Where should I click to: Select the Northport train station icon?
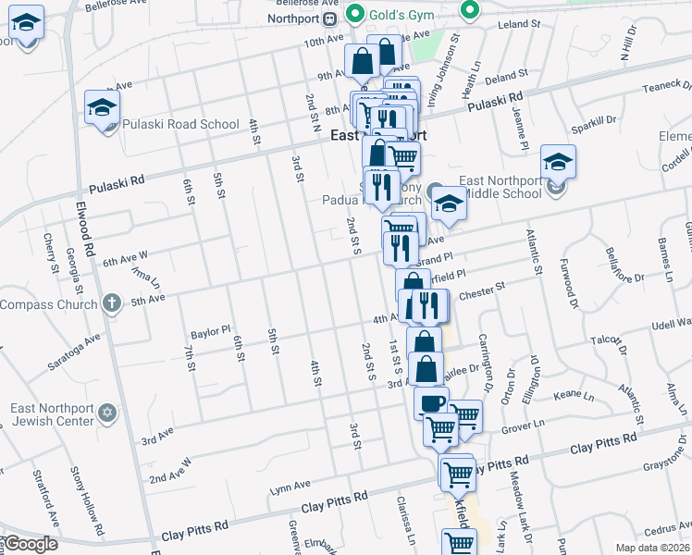330,18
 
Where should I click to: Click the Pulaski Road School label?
180,124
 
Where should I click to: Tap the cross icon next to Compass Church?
111,302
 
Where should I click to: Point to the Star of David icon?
107,413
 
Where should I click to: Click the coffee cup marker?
431,403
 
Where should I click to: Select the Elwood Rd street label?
90,237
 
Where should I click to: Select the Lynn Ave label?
290,486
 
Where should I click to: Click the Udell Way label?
671,323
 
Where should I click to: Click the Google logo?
31,543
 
